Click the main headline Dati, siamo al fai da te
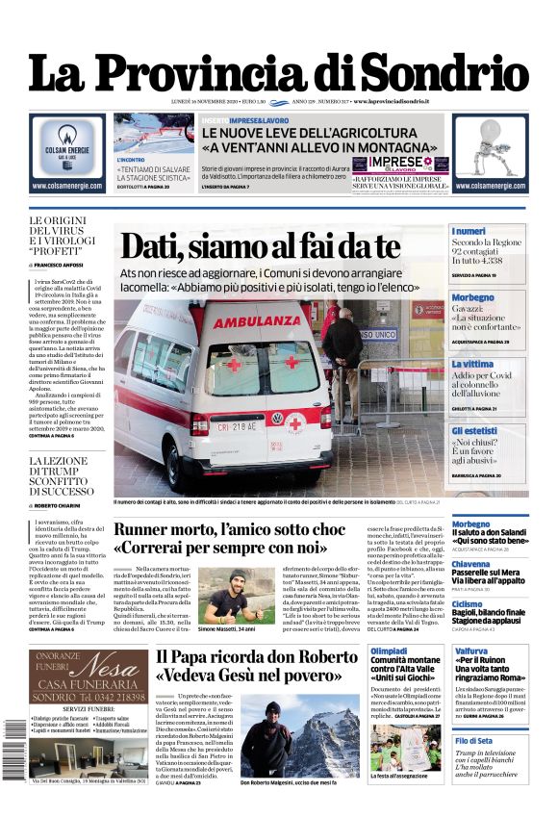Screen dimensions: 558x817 (x=260, y=247)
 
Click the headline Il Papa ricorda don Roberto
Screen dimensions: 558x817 (x=255, y=667)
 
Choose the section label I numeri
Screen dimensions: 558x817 (x=469, y=231)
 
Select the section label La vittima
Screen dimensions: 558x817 (x=473, y=364)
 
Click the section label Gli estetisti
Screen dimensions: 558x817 (x=475, y=430)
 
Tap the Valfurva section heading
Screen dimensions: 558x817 (x=470, y=651)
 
